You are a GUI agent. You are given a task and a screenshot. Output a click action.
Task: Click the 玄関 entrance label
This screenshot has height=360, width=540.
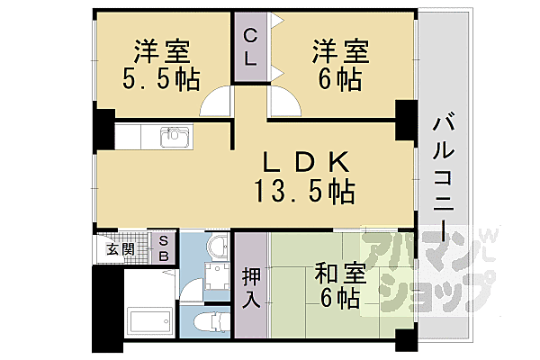point(121,248)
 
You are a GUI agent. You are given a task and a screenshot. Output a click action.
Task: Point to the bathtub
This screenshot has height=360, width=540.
point(149,321)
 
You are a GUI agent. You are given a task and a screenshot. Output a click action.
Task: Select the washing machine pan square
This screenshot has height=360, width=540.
point(216,283)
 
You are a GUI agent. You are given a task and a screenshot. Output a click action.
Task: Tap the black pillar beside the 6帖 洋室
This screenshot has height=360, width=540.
point(406,117)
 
